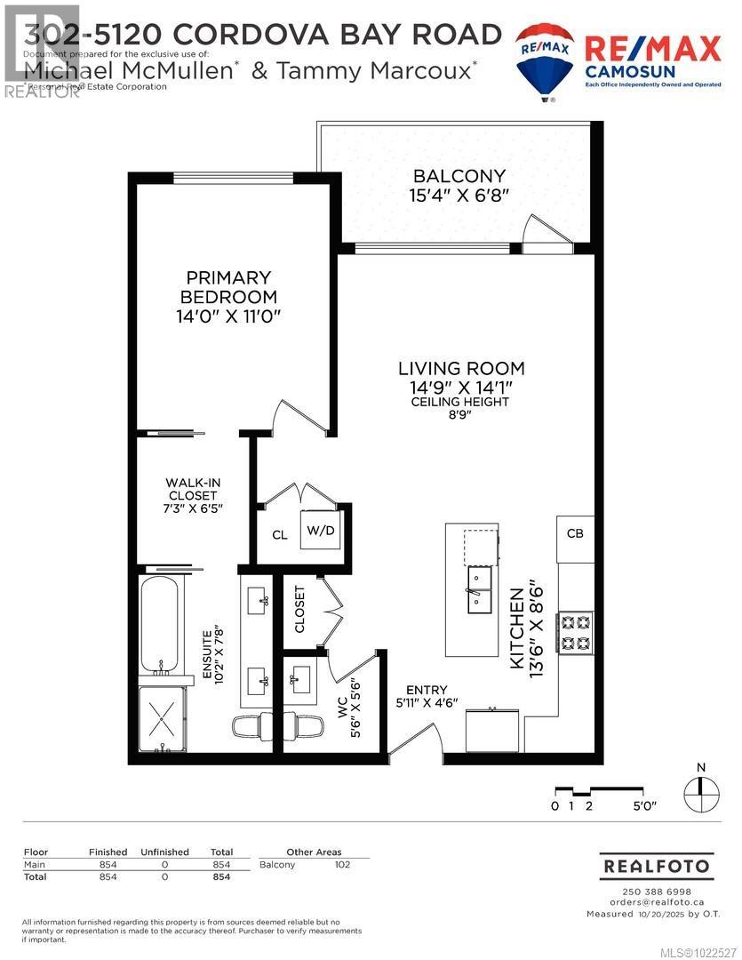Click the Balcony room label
pos(459,176)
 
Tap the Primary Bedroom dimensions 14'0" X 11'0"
pos(229,316)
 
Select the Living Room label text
pos(460,368)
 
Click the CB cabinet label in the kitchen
pos(574,533)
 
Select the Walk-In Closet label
pos(193,489)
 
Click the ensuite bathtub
pos(161,623)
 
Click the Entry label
pos(427,690)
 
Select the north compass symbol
pos(701,789)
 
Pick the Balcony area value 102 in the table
pos(342,865)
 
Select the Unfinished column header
pos(165,852)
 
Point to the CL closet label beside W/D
pos(280,535)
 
